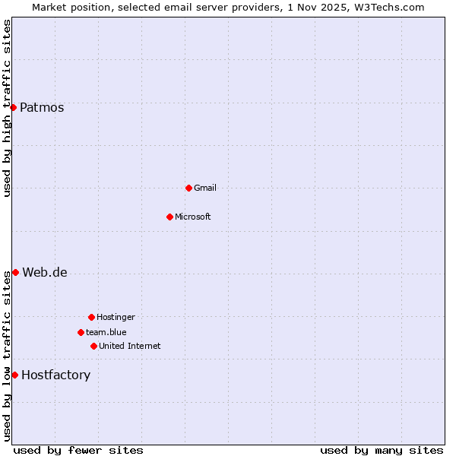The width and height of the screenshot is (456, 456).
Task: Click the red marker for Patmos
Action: click(13, 107)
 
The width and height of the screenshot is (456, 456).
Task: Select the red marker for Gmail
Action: click(188, 188)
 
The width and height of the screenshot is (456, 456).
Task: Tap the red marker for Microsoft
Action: click(169, 217)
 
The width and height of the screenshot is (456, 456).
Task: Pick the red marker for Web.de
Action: click(15, 272)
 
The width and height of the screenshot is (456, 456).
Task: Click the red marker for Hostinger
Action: click(91, 317)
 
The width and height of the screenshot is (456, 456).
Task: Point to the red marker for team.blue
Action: click(81, 332)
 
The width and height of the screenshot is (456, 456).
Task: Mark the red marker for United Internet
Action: click(93, 346)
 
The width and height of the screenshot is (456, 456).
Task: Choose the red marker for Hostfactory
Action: click(14, 375)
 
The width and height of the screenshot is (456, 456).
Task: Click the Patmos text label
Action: click(42, 108)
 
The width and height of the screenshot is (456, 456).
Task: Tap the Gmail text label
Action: click(205, 188)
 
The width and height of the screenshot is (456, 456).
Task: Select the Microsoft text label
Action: click(193, 217)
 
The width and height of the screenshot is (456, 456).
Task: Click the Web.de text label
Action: click(45, 273)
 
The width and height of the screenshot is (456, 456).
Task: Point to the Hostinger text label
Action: click(116, 318)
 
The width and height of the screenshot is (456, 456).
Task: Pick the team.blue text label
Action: click(106, 333)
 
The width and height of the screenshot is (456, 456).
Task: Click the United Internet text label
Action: click(130, 347)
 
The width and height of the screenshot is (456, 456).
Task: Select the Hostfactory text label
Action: click(55, 375)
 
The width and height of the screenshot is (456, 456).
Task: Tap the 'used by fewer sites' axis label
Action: click(78, 451)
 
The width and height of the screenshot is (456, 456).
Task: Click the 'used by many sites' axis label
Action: click(382, 451)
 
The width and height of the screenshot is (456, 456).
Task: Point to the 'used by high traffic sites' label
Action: click(7, 108)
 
